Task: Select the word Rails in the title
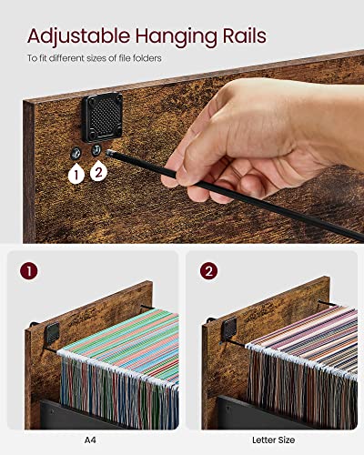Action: coord(239,37)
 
